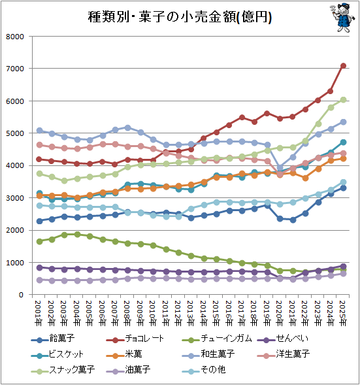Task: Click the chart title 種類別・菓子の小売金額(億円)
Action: pyautogui.click(x=180, y=17)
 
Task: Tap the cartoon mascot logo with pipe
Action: pyautogui.click(x=342, y=17)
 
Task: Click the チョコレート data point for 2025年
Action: pyautogui.click(x=343, y=66)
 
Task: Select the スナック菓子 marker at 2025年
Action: pyautogui.click(x=343, y=100)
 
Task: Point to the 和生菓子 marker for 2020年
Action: pyautogui.click(x=280, y=168)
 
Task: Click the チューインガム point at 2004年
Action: pyautogui.click(x=77, y=234)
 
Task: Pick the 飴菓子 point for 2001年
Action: pyautogui.click(x=39, y=221)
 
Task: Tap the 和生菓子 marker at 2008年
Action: pyautogui.click(x=128, y=127)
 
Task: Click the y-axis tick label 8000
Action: pyautogui.click(x=15, y=37)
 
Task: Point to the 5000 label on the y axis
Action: pyautogui.click(x=15, y=133)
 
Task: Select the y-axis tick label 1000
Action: pyautogui.click(x=15, y=263)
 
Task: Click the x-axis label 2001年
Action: pyautogui.click(x=39, y=313)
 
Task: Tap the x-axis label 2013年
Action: pyautogui.click(x=190, y=313)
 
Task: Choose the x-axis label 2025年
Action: pyautogui.click(x=342, y=313)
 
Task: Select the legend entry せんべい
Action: pyautogui.click(x=283, y=339)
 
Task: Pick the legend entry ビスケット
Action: pyautogui.click(x=57, y=354)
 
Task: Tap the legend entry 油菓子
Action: pyautogui.click(x=128, y=369)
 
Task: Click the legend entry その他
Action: pyautogui.click(x=204, y=369)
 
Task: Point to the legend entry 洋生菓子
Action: pyautogui.click(x=284, y=354)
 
